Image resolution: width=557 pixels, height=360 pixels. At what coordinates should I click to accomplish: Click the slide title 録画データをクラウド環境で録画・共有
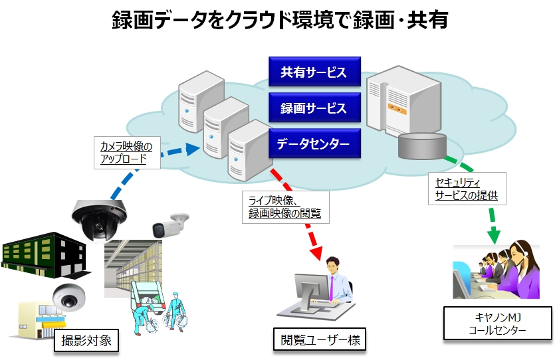coord(279,21)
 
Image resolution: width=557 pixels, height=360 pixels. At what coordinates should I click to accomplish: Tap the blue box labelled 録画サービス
coord(314,108)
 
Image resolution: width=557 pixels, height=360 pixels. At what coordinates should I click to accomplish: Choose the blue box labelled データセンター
coord(314,143)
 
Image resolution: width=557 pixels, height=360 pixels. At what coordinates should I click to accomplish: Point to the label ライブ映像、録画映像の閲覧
coord(284,207)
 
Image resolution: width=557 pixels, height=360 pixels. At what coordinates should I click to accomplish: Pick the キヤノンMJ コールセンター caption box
coord(497,323)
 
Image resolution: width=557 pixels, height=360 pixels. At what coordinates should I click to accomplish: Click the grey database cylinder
coord(421,145)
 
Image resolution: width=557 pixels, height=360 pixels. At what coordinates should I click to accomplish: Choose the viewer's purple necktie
coord(332,287)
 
